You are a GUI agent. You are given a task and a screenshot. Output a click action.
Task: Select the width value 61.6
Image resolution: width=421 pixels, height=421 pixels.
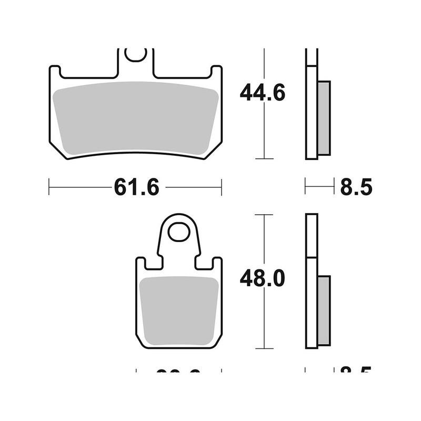(136, 187)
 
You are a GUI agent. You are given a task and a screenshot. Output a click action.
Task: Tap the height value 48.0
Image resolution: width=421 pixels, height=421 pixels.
(262, 277)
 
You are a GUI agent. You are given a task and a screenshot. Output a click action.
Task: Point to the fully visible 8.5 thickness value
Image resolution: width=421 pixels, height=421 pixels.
(356, 187)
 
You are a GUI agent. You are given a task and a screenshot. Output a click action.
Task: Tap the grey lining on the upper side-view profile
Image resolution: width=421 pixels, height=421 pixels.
(324, 118)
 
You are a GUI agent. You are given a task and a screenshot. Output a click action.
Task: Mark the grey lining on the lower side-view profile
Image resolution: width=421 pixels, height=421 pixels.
(324, 310)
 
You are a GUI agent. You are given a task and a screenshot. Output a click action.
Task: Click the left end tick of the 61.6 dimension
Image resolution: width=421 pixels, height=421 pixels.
(49, 186)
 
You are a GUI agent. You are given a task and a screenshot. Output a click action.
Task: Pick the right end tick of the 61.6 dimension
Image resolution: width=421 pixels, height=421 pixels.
(222, 186)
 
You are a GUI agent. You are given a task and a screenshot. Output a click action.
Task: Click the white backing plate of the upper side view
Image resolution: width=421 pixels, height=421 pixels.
(312, 105)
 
